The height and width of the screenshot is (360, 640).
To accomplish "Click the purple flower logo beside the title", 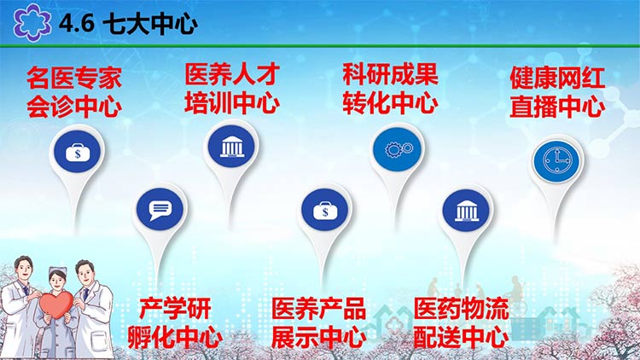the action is click(x=32, y=22).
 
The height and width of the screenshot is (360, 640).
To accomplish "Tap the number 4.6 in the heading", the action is click(x=77, y=23).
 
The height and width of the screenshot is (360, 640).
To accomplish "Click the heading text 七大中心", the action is click(x=150, y=24).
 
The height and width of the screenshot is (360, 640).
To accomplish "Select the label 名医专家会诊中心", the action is click(x=74, y=92).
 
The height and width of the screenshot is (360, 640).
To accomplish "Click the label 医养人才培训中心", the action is click(x=232, y=88).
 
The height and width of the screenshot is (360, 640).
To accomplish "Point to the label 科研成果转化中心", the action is click(x=390, y=88).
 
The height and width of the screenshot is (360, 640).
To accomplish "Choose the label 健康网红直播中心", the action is click(x=557, y=92).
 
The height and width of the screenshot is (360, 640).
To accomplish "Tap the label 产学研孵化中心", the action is click(x=175, y=323).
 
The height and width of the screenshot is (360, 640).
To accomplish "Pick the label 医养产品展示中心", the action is click(x=319, y=323).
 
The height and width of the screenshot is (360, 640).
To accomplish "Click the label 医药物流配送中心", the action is click(x=461, y=323).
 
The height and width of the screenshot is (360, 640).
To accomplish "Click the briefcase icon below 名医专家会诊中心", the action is click(x=78, y=153).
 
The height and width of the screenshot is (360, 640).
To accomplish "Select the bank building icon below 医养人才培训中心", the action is click(x=231, y=147).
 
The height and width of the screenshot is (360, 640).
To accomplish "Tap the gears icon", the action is click(x=399, y=149).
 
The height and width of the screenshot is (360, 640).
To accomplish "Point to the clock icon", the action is click(x=557, y=161).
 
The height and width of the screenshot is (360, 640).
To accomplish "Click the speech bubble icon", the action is click(x=160, y=210).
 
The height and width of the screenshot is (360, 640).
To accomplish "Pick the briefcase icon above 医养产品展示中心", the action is click(x=325, y=211).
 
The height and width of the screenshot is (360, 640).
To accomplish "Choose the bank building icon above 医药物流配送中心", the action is click(x=467, y=211).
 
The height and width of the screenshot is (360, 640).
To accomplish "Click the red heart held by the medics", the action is click(x=56, y=305).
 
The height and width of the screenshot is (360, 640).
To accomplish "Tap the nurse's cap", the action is click(x=57, y=270).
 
